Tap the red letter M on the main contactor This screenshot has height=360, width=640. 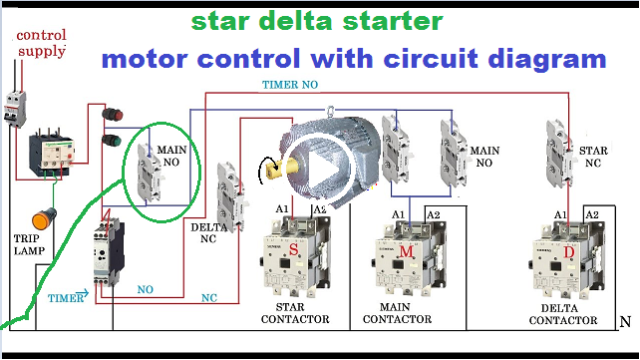407,252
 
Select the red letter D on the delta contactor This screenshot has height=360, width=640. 569,252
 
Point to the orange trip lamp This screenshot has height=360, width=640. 43,217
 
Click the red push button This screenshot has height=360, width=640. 112,115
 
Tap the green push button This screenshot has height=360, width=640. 112,140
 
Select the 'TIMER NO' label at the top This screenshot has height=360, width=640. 291,85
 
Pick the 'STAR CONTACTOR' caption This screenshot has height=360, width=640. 295,313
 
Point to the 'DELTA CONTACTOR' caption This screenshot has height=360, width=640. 564,314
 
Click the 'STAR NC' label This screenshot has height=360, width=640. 593,156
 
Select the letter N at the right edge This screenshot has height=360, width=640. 624,321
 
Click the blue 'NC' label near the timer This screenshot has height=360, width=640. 209,297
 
